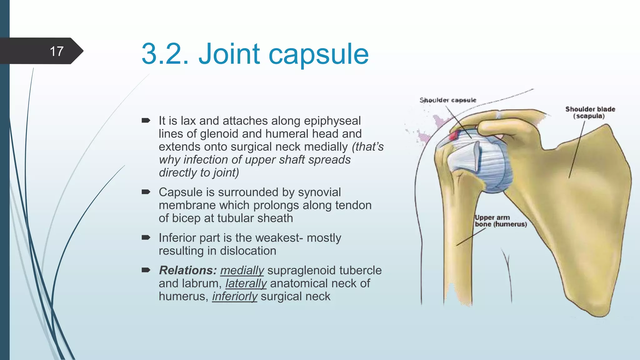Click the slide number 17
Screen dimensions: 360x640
57,51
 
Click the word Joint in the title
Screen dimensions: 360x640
229,54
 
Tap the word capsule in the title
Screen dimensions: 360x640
318,54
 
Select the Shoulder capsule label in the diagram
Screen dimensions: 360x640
448,100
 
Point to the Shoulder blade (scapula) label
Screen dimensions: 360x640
590,112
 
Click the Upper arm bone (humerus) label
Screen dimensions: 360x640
500,221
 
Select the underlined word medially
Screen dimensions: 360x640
242,270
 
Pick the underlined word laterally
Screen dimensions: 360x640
246,283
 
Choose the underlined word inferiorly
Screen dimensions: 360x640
235,296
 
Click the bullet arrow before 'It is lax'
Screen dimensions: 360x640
146,121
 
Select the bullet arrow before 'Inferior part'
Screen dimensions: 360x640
146,238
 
